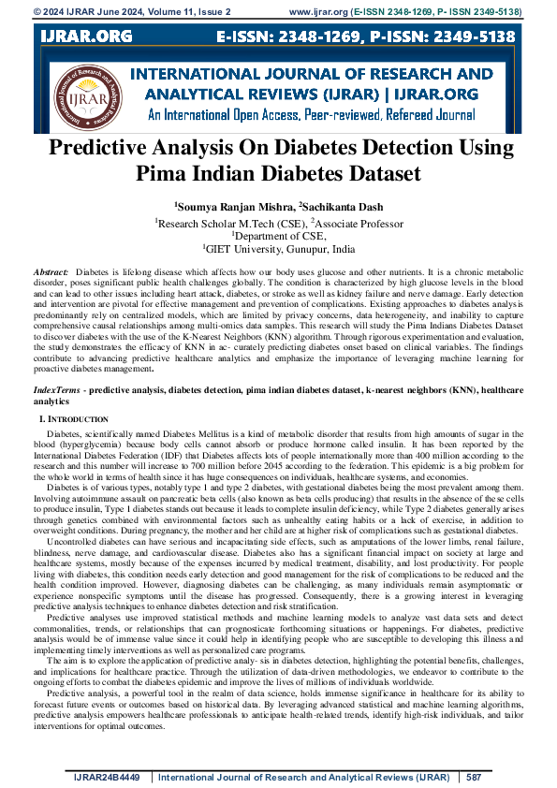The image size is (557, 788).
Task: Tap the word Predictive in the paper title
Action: click(x=103, y=149)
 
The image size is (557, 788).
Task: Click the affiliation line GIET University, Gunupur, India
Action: click(x=280, y=251)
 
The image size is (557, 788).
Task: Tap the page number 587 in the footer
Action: click(x=474, y=777)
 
